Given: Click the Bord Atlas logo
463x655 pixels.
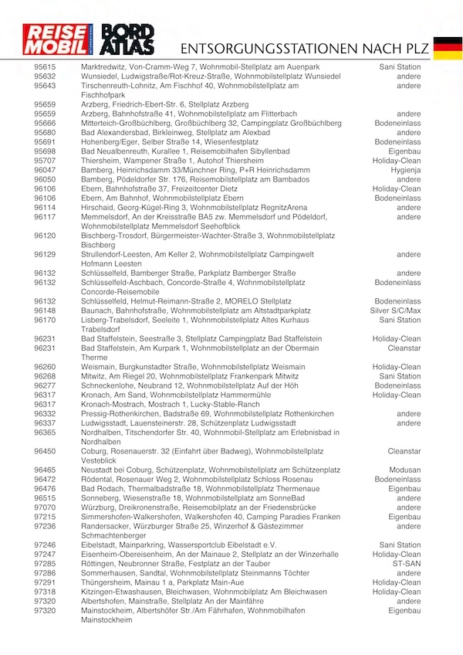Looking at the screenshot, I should pyautogui.click(x=128, y=39).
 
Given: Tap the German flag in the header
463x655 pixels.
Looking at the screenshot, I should pyautogui.click(x=447, y=47).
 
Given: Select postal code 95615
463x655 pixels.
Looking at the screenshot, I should pyautogui.click(x=45, y=67).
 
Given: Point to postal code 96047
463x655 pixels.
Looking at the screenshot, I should pyautogui.click(x=45, y=169).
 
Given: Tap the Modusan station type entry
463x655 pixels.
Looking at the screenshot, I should pyautogui.click(x=404, y=470).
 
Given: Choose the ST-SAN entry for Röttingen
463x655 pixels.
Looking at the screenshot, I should pyautogui.click(x=406, y=564).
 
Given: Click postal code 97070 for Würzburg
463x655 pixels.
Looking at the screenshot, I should pyautogui.click(x=45, y=507).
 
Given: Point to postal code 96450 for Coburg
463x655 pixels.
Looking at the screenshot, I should pyautogui.click(x=45, y=451).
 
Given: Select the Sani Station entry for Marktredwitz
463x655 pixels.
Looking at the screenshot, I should pyautogui.click(x=400, y=67).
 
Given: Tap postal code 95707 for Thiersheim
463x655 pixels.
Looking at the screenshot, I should pyautogui.click(x=45, y=160).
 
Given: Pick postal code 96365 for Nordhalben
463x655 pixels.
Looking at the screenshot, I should pyautogui.click(x=45, y=433).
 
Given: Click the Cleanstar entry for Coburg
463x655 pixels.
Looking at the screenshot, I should pyautogui.click(x=404, y=451).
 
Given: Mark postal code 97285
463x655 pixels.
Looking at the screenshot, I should pyautogui.click(x=45, y=564).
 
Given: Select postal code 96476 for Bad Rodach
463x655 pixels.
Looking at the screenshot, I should pyautogui.click(x=45, y=489).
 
